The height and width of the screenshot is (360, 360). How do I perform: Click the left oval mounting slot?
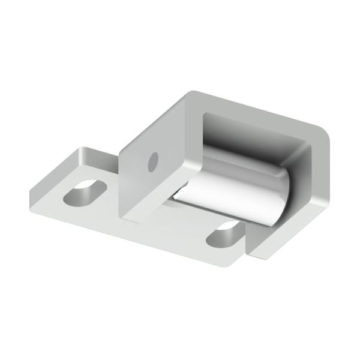[x=85, y=193]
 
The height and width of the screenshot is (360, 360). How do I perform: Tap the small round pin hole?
[x=152, y=160]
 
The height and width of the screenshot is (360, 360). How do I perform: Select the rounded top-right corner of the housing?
[x=324, y=135]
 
